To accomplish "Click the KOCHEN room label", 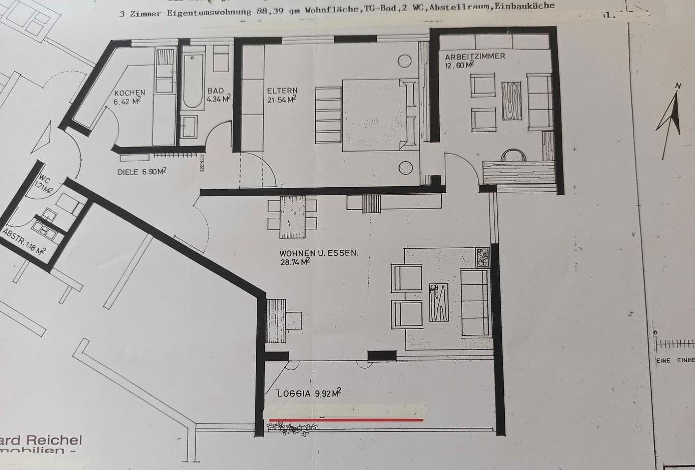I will [x=130, y=93].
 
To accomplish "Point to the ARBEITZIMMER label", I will [x=475, y=56].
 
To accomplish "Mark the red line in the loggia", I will [x=346, y=420].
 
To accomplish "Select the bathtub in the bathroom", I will [x=193, y=80].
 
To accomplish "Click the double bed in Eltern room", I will [x=374, y=114].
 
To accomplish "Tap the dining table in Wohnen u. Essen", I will [x=292, y=216].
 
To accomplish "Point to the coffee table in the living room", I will [x=438, y=302].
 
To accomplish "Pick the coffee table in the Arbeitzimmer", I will [x=511, y=101].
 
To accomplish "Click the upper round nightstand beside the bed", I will [x=405, y=62].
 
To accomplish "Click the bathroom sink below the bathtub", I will [x=189, y=127].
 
